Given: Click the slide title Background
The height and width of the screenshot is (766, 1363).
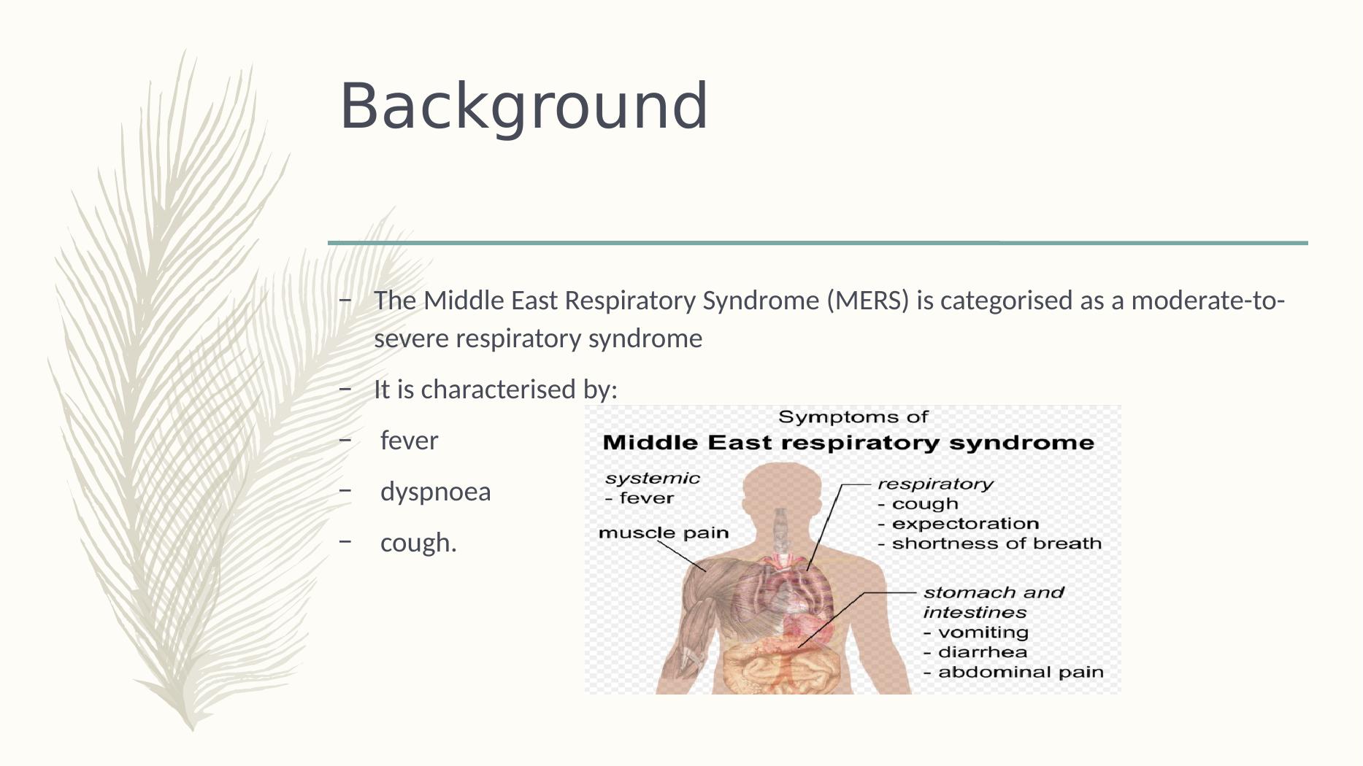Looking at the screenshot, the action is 523,107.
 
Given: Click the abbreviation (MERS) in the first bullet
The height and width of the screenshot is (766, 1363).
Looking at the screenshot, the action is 868,301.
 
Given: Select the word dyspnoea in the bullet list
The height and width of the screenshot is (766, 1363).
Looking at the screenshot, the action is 436,492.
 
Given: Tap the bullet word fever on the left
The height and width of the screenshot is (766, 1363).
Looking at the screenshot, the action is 409,441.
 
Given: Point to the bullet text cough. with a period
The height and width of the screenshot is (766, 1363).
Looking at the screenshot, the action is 418,543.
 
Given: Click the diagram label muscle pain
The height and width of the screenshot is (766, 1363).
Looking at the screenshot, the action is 664,533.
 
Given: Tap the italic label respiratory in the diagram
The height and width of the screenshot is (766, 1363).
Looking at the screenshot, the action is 935,484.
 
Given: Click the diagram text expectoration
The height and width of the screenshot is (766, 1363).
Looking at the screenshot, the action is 965,524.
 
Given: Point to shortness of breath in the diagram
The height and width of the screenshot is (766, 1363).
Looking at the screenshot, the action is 997,543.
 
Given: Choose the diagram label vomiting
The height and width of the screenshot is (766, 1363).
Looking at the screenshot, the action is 983,632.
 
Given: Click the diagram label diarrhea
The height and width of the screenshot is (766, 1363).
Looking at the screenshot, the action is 982,652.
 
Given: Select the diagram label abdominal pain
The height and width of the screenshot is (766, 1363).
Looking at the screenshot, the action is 1021,673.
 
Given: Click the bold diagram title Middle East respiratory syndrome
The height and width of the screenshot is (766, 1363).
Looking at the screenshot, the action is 848,443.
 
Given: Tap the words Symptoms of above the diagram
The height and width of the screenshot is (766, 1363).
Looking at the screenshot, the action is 853,417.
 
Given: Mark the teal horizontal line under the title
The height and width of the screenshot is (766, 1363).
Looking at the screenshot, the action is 818,243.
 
